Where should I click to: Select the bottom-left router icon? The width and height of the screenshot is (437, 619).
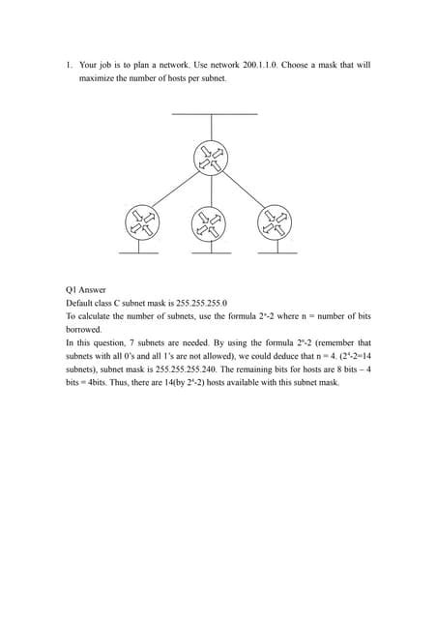pyautogui.click(x=142, y=223)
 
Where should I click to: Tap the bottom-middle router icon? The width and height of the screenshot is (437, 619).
pyautogui.click(x=207, y=224)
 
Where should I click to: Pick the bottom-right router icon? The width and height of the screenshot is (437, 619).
pyautogui.click(x=272, y=223)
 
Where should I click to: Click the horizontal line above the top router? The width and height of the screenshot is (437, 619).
pyautogui.click(x=214, y=115)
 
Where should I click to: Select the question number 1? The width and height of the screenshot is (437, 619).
pyautogui.click(x=69, y=66)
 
